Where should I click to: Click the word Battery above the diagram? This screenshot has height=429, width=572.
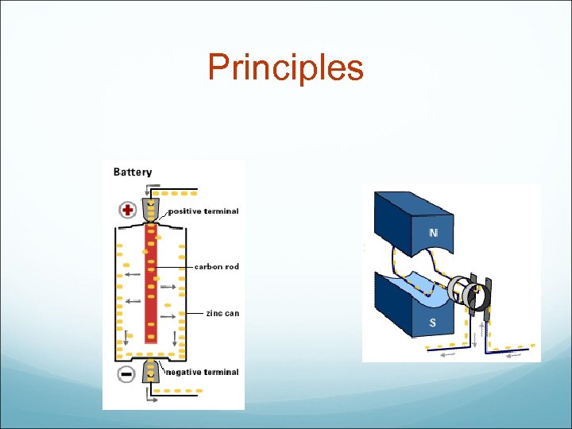(133, 172)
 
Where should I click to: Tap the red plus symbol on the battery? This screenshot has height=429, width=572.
(127, 210)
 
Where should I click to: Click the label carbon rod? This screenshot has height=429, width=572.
(216, 267)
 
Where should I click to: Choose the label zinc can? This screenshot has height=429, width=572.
(222, 313)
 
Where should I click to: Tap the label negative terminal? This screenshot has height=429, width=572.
(201, 372)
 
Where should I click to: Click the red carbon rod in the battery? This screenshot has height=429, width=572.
(150, 286)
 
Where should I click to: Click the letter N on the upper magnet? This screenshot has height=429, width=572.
(433, 233)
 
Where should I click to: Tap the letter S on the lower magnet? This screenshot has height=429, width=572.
(433, 323)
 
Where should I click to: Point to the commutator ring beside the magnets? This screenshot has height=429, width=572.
(459, 291)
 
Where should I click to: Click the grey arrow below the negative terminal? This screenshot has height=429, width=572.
(151, 399)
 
